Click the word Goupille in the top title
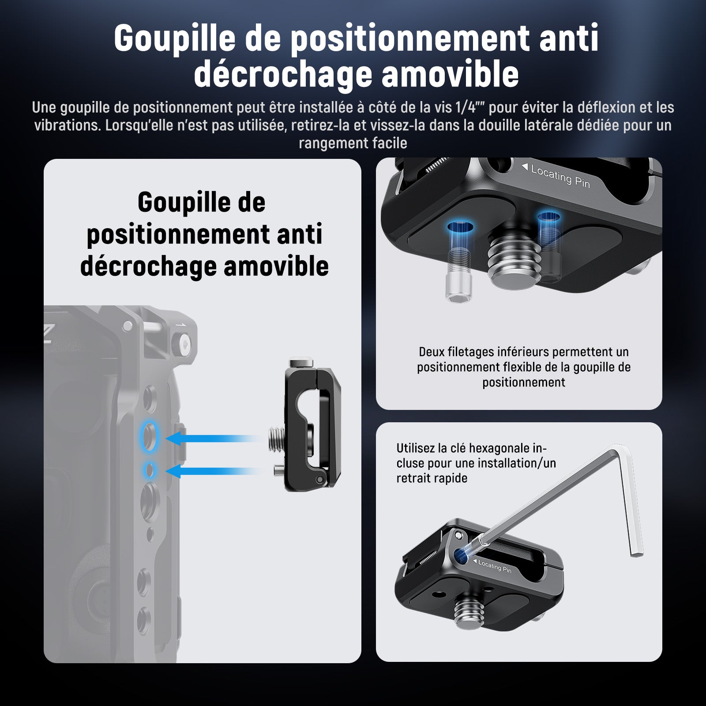(175, 38)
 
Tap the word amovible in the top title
(450, 74)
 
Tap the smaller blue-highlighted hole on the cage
(149, 470)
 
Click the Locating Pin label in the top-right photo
(556, 176)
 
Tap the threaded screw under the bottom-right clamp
(472, 610)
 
